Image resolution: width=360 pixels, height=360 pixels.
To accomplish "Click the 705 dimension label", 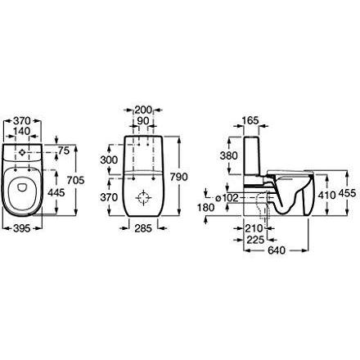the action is (76, 180).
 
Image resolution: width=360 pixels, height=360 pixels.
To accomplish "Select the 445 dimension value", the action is (56, 193).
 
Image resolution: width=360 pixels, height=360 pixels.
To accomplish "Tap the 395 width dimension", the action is (22, 228).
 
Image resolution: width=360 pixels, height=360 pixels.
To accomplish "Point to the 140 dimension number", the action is (22, 131).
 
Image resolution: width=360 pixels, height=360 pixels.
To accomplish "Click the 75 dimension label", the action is (65, 151).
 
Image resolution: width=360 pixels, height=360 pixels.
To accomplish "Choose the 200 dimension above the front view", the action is (143, 110).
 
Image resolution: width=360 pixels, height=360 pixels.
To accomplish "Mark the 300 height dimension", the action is (109, 160).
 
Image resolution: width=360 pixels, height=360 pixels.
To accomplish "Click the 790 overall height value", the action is (179, 177).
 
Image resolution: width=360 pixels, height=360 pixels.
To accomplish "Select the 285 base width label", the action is (143, 228).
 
